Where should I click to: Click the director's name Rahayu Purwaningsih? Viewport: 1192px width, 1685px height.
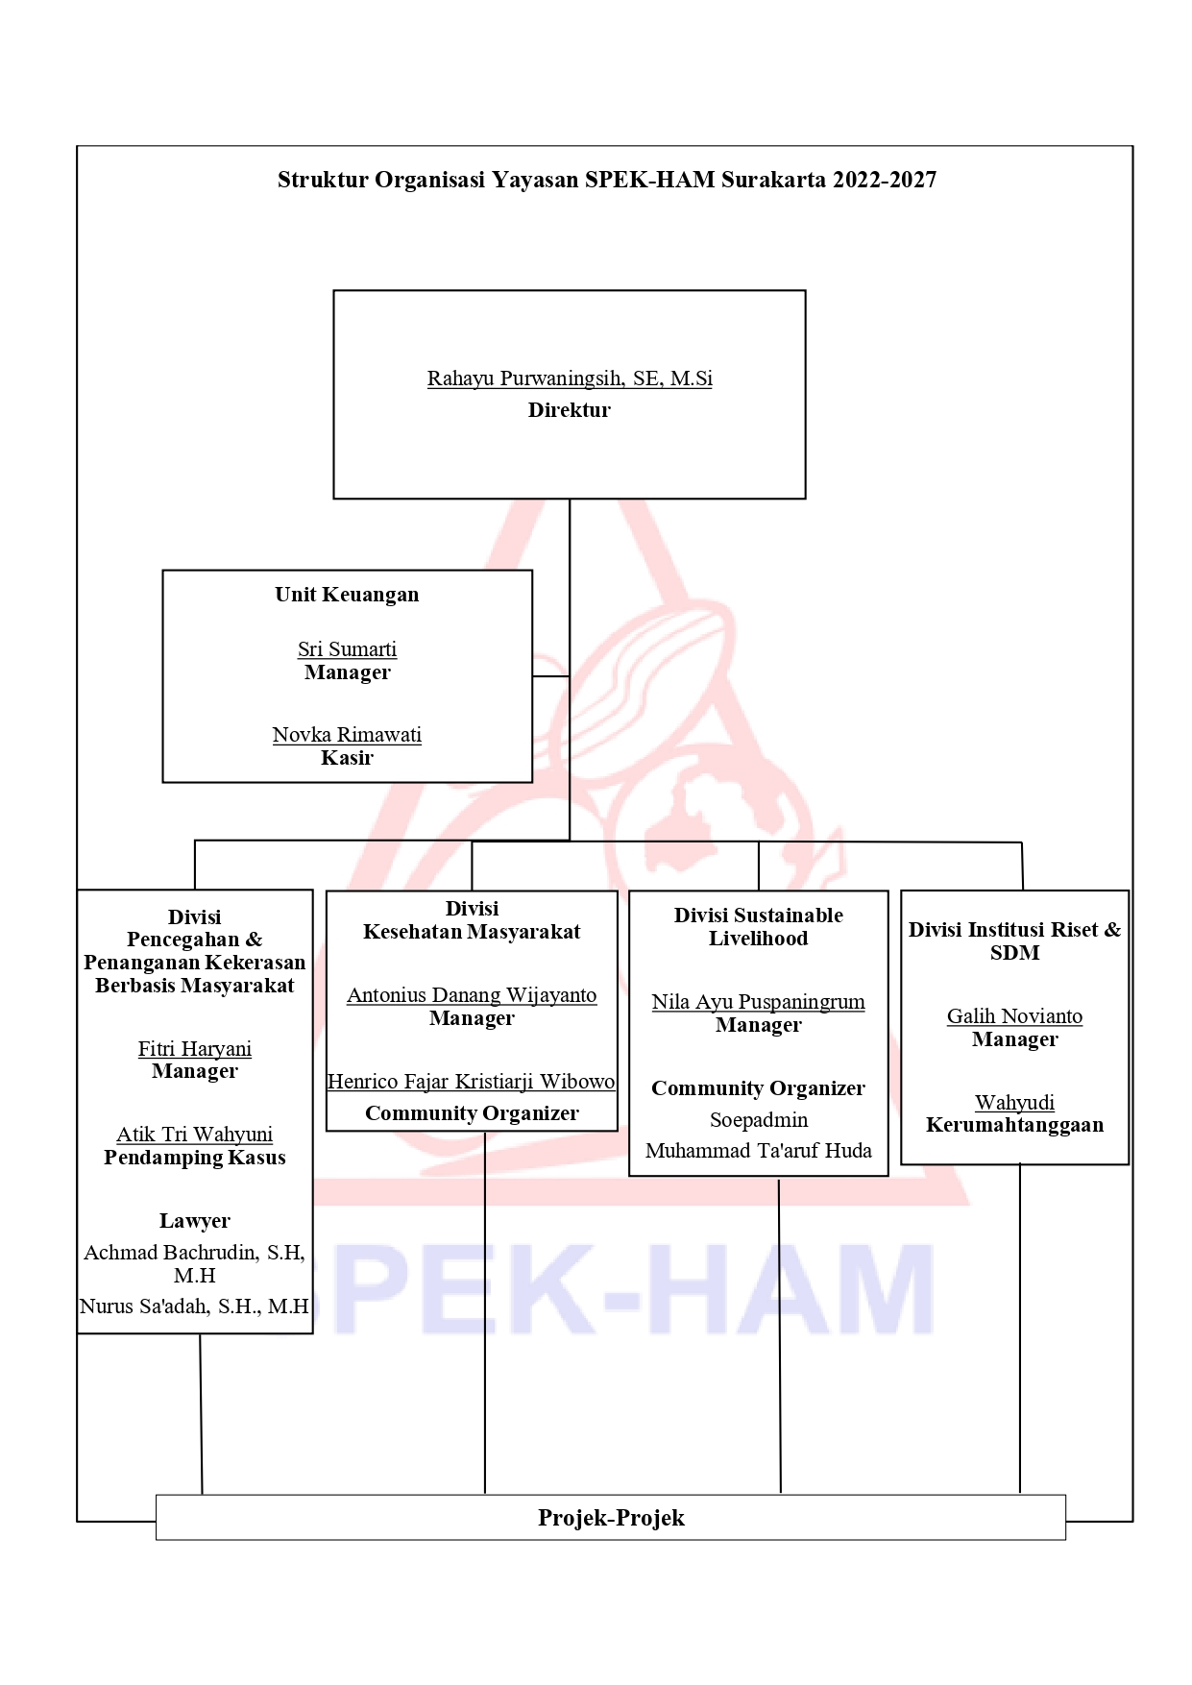(525, 379)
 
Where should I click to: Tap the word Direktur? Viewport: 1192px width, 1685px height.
(570, 410)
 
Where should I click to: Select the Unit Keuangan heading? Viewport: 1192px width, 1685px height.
(347, 595)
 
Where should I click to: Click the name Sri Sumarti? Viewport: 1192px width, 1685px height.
(347, 649)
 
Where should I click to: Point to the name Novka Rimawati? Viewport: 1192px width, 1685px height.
(347, 735)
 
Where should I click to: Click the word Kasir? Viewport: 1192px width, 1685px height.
(347, 758)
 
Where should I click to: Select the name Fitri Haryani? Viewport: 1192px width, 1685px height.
(195, 1049)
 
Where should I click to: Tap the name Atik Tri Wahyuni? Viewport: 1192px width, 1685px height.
(195, 1135)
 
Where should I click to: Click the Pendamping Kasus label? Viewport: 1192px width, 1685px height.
(195, 1158)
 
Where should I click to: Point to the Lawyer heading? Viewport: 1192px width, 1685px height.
(195, 1221)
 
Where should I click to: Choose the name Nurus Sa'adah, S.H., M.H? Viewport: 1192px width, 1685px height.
(194, 1306)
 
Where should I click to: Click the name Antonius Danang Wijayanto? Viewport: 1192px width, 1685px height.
(472, 995)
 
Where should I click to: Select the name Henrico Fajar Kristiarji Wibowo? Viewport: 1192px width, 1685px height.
(472, 1082)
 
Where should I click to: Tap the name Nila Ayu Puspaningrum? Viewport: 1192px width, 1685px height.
(759, 1002)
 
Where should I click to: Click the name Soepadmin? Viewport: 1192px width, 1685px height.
(759, 1120)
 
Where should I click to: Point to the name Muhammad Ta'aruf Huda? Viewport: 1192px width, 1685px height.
(759, 1151)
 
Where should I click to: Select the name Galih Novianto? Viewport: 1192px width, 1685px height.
(1015, 1016)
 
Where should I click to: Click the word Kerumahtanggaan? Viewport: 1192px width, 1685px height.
(1015, 1125)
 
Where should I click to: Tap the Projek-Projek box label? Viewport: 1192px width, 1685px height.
(611, 1518)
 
